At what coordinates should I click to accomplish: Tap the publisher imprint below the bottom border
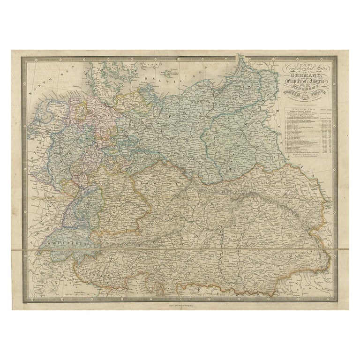[x=180, y=306]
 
